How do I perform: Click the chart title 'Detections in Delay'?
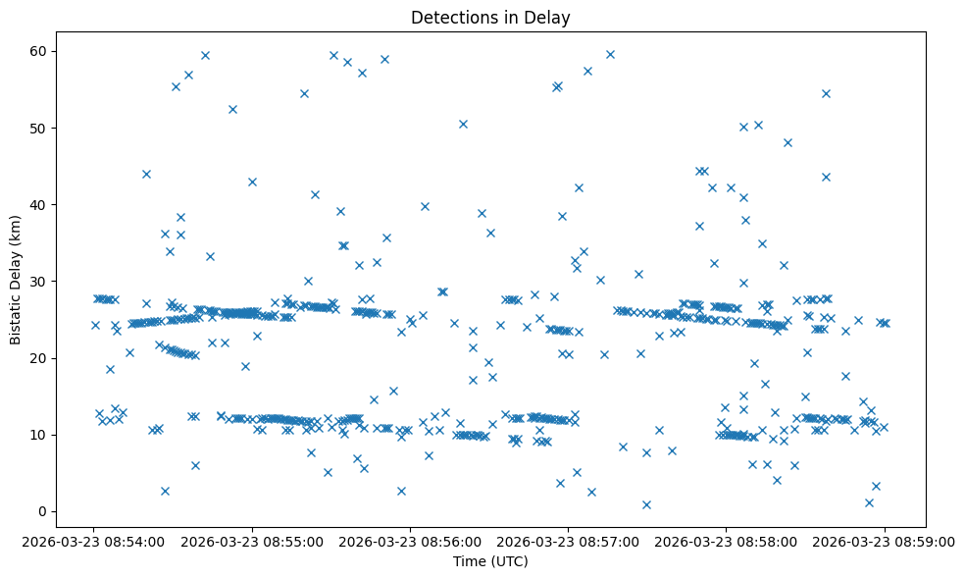[x=490, y=18]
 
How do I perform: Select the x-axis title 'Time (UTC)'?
[x=490, y=561]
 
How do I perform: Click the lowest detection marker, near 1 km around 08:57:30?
[x=646, y=504]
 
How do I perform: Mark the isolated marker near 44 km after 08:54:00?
[x=146, y=174]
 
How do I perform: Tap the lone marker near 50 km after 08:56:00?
[x=463, y=124]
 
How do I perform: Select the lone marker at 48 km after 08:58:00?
[x=787, y=142]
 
